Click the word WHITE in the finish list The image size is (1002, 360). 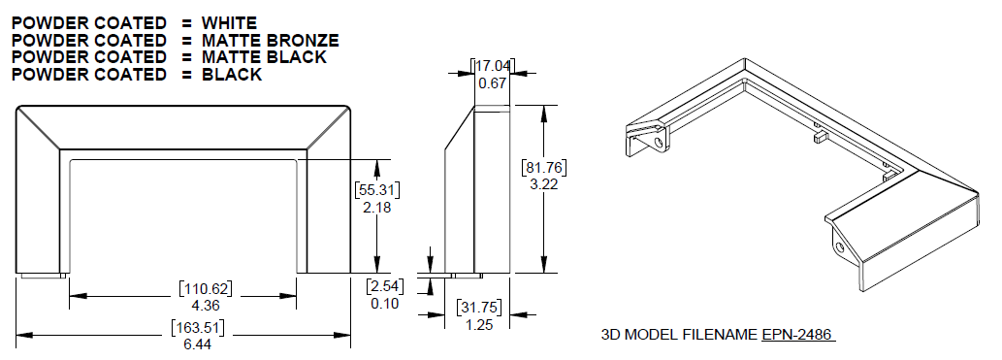[229, 23]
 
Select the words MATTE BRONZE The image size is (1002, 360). [271, 41]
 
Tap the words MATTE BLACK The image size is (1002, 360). [264, 57]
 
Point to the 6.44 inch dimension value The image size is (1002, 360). [198, 344]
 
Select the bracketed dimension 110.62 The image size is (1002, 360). [205, 289]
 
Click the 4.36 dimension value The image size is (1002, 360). [205, 305]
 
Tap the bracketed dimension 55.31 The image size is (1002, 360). [377, 190]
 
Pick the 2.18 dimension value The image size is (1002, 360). [376, 208]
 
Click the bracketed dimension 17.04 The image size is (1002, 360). [493, 65]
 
